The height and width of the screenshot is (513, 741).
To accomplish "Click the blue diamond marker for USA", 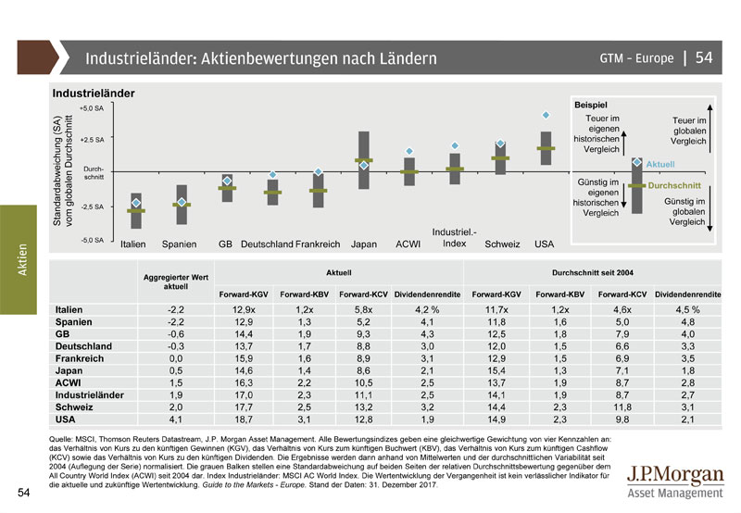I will (546, 115).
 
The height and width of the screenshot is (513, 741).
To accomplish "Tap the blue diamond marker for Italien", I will (136, 202).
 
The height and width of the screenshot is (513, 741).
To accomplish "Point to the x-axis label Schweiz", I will (501, 244).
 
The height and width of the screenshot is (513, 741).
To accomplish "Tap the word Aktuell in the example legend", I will (659, 164).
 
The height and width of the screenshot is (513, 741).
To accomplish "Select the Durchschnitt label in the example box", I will (674, 186).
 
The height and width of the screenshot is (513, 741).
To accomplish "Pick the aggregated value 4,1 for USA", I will (177, 419).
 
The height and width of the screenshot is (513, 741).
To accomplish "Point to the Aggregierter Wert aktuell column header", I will (177, 282).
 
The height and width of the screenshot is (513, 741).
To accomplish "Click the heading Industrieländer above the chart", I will (94, 94).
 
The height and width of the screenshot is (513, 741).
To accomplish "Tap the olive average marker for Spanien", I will (182, 205).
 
